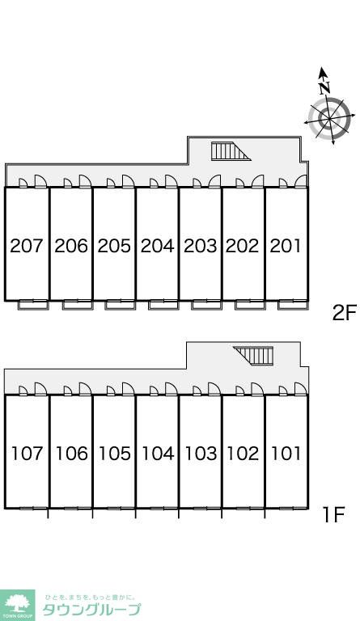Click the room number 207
click(26, 246)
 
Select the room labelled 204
click(157, 246)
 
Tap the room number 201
click(285, 246)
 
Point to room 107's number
click(27, 454)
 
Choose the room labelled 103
click(201, 454)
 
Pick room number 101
click(286, 454)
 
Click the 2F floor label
click(344, 313)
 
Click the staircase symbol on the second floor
click(231, 151)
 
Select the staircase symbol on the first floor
click(253, 356)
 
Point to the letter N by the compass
click(325, 87)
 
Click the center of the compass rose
click(329, 118)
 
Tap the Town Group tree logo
click(17, 605)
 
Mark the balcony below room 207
click(34, 305)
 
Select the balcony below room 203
click(206, 305)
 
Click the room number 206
click(71, 246)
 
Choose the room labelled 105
click(114, 454)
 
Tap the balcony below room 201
click(293, 305)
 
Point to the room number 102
click(243, 454)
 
